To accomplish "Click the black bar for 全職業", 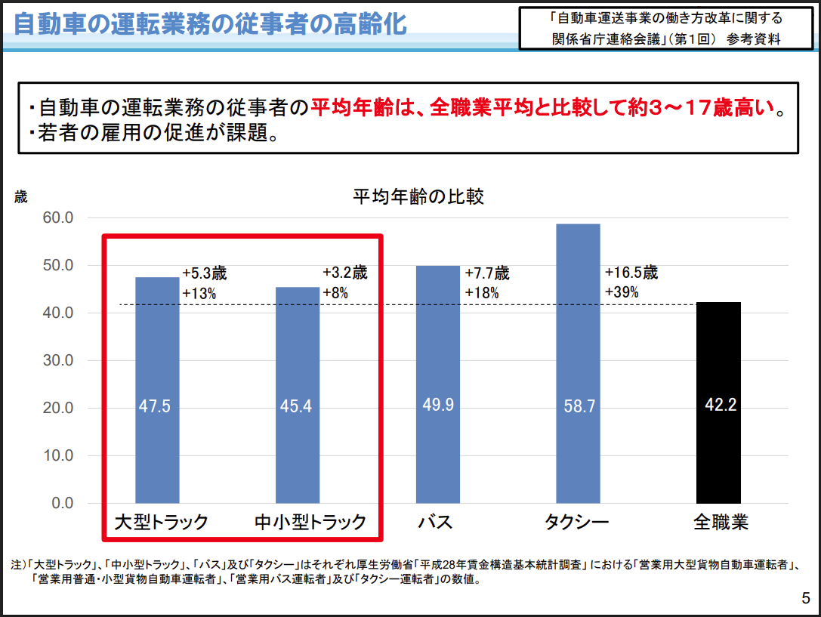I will pyautogui.click(x=718, y=453).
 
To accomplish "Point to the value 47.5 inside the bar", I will pyautogui.click(x=155, y=407).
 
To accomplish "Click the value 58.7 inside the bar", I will pyautogui.click(x=579, y=407).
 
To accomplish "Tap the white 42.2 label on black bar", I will pyautogui.click(x=720, y=406).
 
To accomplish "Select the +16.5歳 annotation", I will pyautogui.click(x=631, y=273).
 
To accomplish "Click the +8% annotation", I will pyautogui.click(x=335, y=293).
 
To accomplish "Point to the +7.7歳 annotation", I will pyautogui.click(x=487, y=273).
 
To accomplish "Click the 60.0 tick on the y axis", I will pyautogui.click(x=57, y=218).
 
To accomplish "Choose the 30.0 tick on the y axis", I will pyautogui.click(x=57, y=361).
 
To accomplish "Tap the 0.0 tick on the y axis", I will pyautogui.click(x=60, y=504).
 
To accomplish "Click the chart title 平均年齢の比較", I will pyautogui.click(x=418, y=198).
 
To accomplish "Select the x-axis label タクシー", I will pyautogui.click(x=576, y=523).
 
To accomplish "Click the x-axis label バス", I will pyautogui.click(x=434, y=523).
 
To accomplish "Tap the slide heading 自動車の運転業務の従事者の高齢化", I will pyautogui.click(x=210, y=24).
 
